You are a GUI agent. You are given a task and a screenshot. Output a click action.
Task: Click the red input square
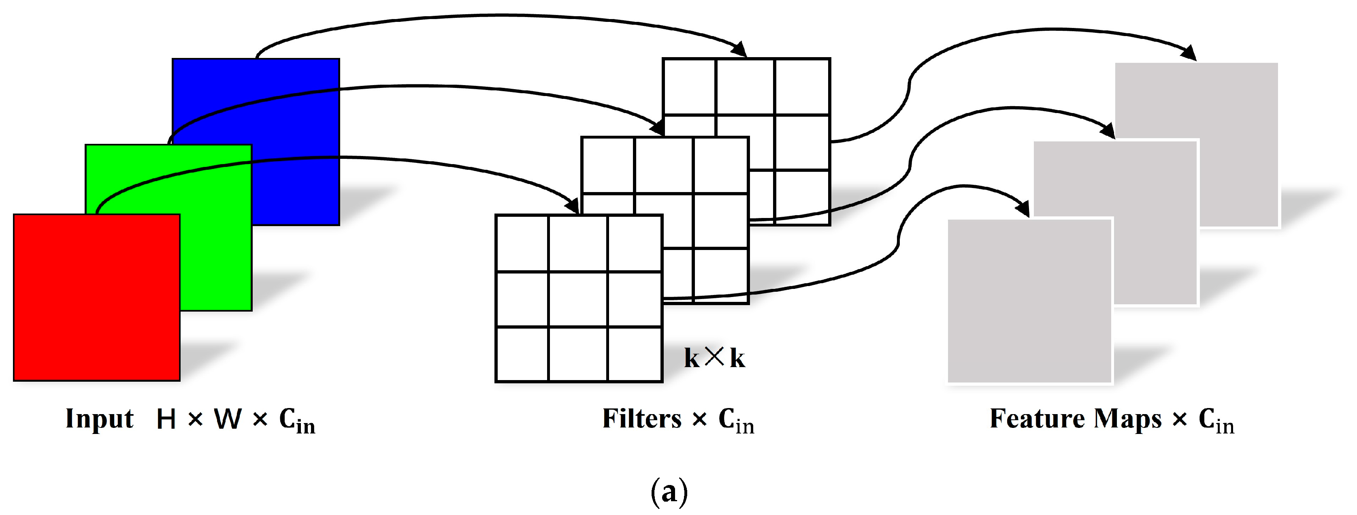click(96, 297)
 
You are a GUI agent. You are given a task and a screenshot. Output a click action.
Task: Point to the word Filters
click(641, 419)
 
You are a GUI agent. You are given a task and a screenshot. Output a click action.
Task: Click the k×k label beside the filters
click(714, 358)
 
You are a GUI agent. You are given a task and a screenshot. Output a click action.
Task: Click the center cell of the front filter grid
click(578, 299)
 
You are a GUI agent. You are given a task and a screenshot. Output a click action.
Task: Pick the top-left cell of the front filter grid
click(522, 243)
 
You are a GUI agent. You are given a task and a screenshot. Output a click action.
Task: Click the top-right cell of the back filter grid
click(802, 86)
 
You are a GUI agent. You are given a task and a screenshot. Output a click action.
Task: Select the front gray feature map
click(1029, 301)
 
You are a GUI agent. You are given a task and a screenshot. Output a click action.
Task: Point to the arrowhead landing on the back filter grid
click(740, 50)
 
